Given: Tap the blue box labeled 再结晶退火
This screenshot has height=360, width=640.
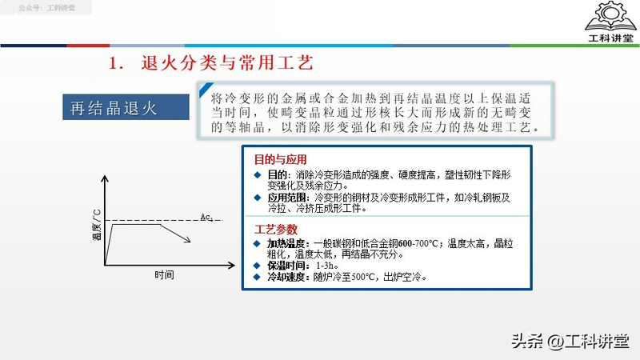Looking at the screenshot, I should pos(110,109).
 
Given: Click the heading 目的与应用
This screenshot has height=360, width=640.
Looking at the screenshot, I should pos(274,159).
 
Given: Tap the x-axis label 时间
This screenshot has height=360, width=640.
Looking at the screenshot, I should pos(165,274).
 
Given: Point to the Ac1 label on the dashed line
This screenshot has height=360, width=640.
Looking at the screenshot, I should pos(206,216).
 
